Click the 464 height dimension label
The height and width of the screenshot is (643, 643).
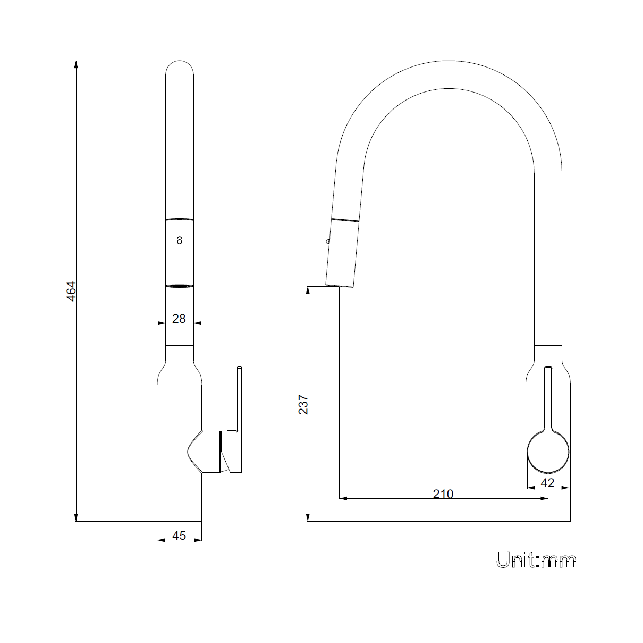coord(72,291)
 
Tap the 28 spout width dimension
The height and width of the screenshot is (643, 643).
coord(179,319)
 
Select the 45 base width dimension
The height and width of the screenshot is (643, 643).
coord(179,536)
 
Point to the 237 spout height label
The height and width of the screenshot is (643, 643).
coord(303,405)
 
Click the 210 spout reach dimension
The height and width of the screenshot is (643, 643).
coord(443,494)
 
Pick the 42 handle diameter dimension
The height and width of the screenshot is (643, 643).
coord(547,483)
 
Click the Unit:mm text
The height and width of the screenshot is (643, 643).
coord(536,560)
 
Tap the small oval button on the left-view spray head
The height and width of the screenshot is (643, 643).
coord(180,240)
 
